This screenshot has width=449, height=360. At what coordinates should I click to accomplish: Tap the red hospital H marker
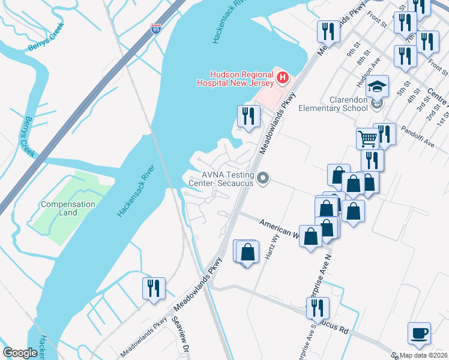coord(283,78)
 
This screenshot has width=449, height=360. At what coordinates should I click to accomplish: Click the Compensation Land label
coord(68,208)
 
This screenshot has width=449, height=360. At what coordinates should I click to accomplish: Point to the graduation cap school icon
coord(378,86)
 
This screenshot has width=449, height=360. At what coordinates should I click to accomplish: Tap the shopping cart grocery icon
coord(367,139)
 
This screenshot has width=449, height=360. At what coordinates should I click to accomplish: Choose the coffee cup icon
coord(419,332)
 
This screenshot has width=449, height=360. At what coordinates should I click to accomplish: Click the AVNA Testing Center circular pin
coord(263,178)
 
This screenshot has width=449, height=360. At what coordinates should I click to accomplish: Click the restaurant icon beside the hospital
coord(249,115)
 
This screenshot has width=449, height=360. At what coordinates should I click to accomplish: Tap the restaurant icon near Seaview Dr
coord(154,288)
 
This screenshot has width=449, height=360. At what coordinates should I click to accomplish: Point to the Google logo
coord(20,352)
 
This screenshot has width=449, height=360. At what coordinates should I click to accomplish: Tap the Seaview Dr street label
coord(181,342)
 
